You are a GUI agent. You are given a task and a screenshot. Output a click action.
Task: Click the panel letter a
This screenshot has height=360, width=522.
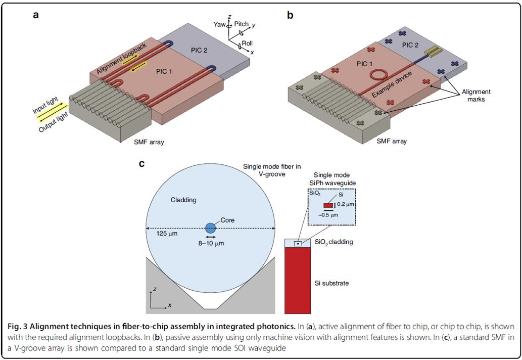tap(35, 15)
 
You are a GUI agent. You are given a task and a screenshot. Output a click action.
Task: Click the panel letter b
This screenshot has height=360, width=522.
tap(290, 15)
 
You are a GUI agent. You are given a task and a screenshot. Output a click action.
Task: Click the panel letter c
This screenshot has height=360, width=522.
tap(141, 163)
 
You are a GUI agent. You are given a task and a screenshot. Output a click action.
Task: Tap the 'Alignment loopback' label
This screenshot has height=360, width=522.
tap(121, 58)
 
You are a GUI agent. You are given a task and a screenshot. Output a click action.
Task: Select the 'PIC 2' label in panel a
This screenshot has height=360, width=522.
tap(199, 50)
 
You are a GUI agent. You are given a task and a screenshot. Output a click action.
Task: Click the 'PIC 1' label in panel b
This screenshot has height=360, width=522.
tap(364, 64)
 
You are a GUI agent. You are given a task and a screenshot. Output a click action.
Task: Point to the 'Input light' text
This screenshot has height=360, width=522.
tap(45, 105)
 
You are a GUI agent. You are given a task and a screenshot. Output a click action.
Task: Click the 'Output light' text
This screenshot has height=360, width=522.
tap(54, 122)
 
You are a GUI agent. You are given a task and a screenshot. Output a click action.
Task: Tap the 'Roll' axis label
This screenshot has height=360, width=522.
tap(247, 43)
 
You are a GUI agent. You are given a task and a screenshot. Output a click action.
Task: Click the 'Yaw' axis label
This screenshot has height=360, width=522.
tap(219, 24)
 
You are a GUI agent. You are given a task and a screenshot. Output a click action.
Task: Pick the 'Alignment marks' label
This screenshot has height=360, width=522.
tap(476, 95)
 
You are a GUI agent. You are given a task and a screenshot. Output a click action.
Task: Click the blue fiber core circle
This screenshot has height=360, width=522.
tap(210, 228)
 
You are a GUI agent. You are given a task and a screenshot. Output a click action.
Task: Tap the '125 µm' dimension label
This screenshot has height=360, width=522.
tap(167, 234)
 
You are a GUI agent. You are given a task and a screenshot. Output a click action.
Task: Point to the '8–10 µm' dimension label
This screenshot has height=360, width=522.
tap(211, 243)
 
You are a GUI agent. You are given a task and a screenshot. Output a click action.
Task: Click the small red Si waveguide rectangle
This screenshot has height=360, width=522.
tap(328, 205)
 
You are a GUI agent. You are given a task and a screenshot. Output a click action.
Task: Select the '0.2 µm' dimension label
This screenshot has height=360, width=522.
tap(346, 204)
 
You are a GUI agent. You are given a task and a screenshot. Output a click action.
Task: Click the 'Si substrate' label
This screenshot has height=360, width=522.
tap(331, 284)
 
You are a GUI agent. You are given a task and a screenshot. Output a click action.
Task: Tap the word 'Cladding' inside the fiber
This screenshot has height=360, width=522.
tap(183, 200)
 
